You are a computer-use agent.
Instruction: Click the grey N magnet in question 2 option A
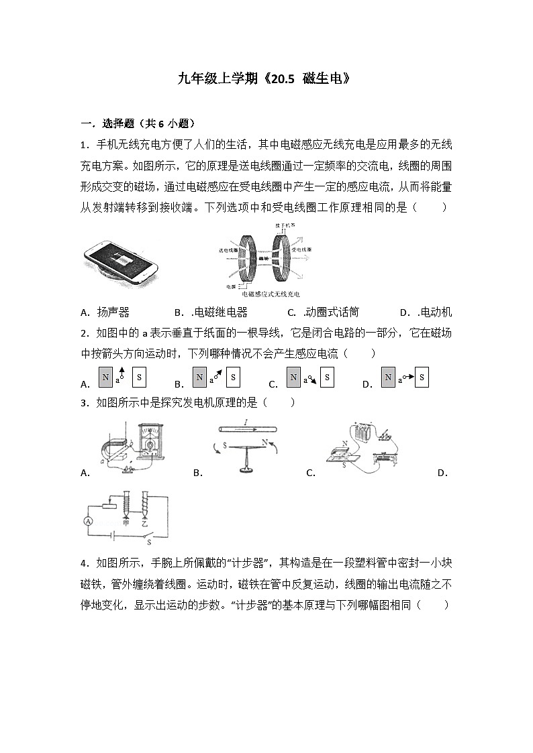click(105, 378)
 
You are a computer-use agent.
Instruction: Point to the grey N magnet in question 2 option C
click(293, 378)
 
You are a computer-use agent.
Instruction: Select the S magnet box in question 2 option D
click(422, 378)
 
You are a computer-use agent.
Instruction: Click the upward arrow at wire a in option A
click(122, 373)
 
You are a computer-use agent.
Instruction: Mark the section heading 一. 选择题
click(107, 123)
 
